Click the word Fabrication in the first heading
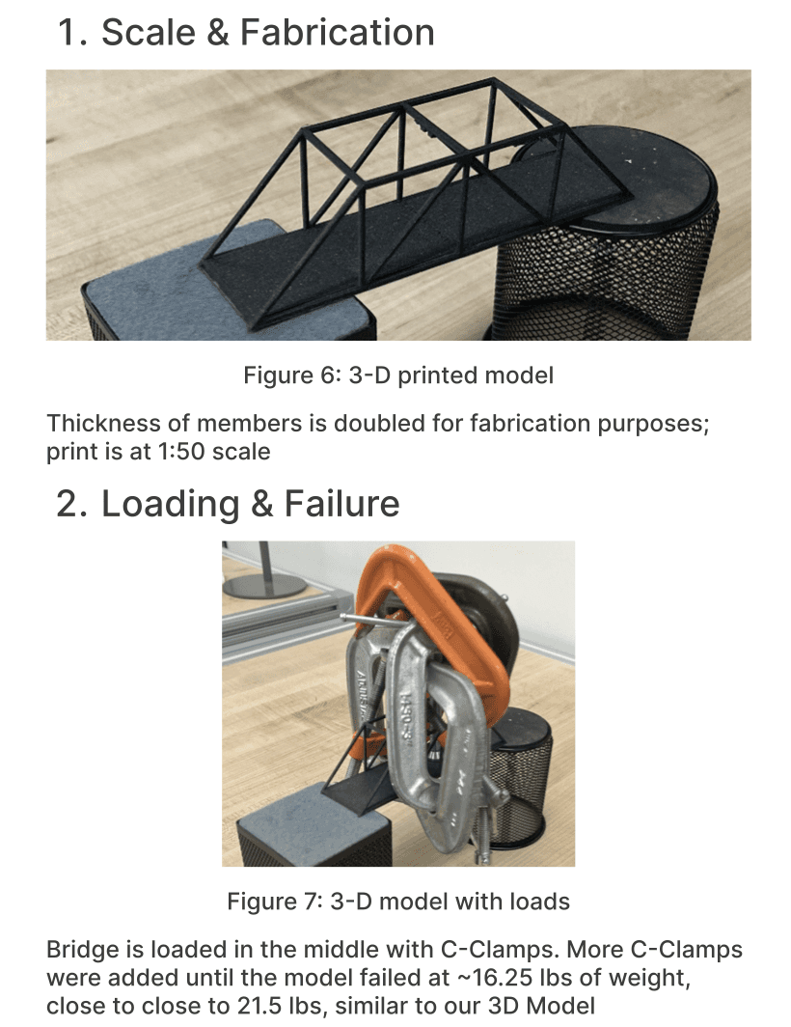[338, 32]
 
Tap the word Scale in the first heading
[149, 32]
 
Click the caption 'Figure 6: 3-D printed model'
[398, 375]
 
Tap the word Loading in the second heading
[170, 504]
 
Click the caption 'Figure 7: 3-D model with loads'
[398, 902]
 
